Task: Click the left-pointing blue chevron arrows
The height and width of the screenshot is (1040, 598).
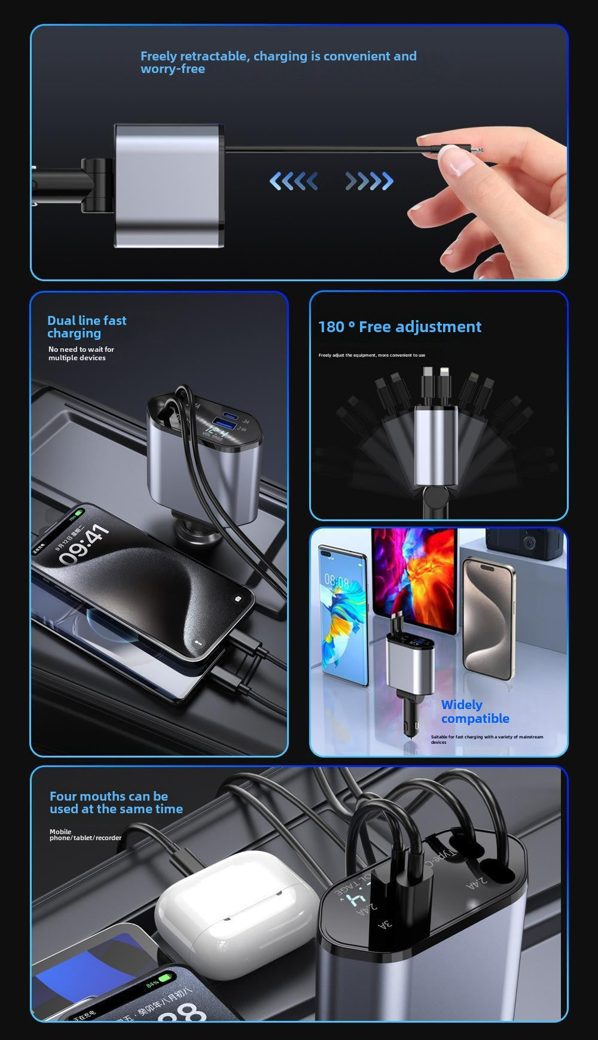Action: pos(293,181)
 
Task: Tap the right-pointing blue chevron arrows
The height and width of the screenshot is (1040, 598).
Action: pos(370,181)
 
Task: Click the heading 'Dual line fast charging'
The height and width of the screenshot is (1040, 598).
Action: pos(87,327)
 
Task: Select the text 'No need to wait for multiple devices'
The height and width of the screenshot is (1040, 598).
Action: pos(81,354)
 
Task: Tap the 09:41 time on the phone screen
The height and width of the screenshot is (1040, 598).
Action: pos(84,545)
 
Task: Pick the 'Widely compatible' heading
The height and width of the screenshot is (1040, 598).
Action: pos(475,711)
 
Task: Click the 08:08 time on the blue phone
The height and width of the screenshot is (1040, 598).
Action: pos(337,580)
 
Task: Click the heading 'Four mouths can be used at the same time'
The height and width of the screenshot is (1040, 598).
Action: pos(116,802)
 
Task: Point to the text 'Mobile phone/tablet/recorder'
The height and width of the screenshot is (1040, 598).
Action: pos(85,835)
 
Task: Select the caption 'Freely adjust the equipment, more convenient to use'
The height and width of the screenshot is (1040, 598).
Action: pos(371,355)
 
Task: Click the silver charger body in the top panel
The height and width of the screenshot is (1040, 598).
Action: pos(167,186)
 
